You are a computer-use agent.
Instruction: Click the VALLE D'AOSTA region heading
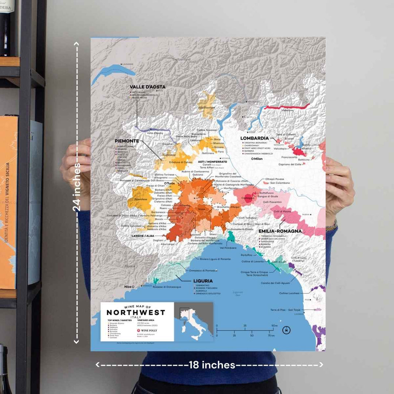tap(147, 87)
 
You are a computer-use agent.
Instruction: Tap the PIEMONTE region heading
tap(127, 141)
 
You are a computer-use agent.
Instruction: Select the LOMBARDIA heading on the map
tap(254, 138)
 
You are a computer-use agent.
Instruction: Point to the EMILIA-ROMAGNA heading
tap(280, 231)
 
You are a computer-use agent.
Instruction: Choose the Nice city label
tap(128, 287)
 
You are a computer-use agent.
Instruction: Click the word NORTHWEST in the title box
tap(136, 313)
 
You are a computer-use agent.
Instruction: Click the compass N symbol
tap(287, 331)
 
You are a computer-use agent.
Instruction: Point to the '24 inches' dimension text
tap(77, 186)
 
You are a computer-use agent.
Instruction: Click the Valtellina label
tap(287, 110)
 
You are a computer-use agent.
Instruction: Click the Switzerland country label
tap(181, 59)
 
